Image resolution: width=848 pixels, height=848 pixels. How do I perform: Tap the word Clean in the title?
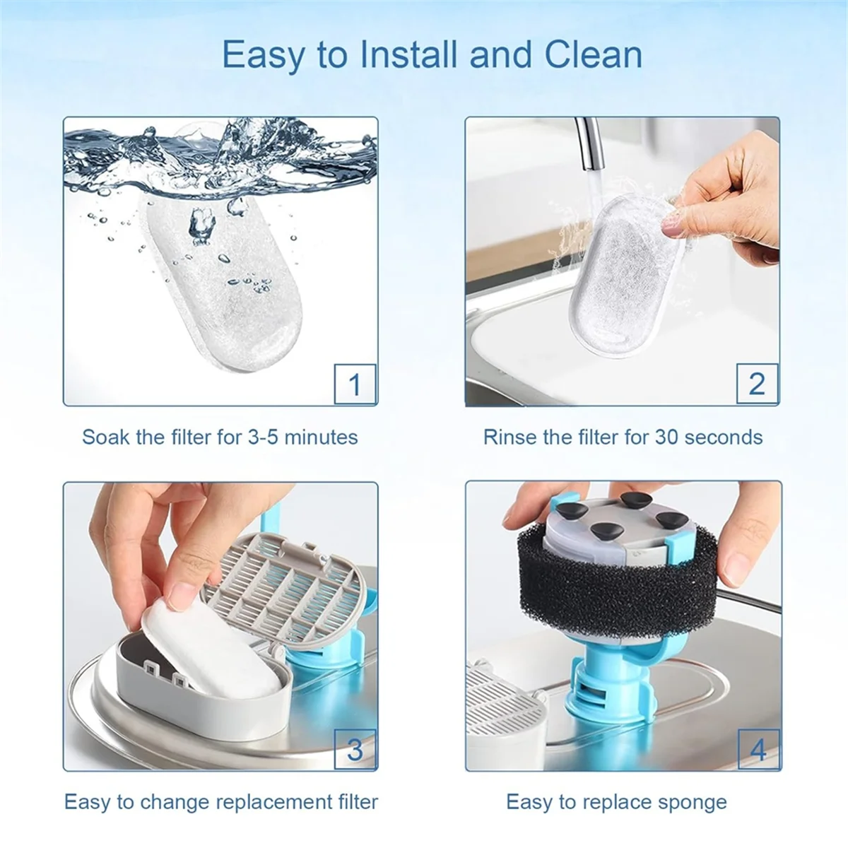point(593,54)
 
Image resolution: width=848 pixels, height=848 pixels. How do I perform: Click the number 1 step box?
point(355,384)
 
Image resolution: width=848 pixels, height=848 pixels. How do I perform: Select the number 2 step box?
point(758,384)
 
